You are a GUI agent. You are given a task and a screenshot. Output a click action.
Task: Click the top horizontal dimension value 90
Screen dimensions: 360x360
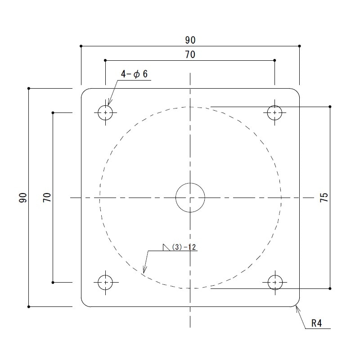point(190,40)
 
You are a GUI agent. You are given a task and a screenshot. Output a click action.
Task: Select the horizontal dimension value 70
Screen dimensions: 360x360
point(190,54)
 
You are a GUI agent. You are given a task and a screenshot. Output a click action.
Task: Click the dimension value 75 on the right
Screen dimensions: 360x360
point(324,198)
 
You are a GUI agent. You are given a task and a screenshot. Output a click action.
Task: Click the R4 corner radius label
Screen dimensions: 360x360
point(318,323)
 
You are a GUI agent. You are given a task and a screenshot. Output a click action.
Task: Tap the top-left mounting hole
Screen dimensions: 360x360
point(105,112)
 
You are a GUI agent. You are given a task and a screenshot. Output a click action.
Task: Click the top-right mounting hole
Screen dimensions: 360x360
point(274,112)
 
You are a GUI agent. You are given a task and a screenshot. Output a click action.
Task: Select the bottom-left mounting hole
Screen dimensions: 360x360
point(105,282)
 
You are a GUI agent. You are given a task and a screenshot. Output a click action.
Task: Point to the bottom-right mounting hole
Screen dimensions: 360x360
point(274,282)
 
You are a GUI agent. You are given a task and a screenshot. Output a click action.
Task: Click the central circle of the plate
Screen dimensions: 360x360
point(190,197)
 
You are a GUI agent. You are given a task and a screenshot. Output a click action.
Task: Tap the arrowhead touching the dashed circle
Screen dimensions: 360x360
point(144,271)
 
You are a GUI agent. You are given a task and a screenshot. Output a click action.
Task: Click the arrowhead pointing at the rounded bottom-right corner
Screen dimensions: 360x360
point(297,308)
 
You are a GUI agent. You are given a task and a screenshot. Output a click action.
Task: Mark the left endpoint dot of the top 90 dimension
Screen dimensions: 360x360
point(81,46)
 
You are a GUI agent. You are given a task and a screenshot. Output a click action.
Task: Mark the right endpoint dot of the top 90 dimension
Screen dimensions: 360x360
point(300,46)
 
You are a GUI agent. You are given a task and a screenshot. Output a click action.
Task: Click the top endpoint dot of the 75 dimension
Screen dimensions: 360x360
point(330,107)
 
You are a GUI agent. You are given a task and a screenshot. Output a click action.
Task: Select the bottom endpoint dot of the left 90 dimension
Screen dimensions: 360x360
point(29,307)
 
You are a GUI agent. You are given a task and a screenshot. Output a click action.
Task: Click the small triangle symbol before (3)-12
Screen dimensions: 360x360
point(166,247)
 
